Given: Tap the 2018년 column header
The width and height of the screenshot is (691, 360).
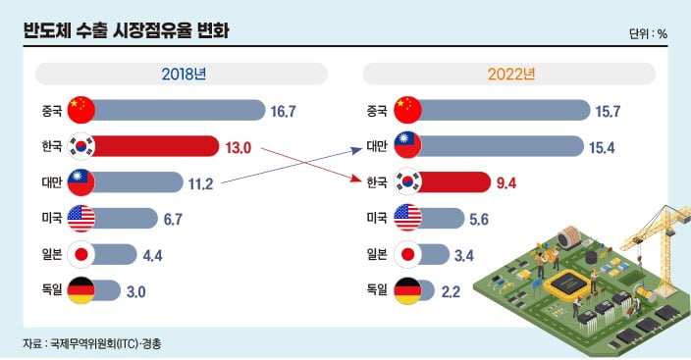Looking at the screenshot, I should click(x=182, y=75).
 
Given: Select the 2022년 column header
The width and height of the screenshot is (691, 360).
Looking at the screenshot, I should click(x=509, y=75).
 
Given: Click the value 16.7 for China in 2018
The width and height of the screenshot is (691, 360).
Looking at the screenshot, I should click(x=284, y=111).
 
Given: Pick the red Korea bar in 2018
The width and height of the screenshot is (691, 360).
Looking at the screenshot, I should click(x=157, y=147).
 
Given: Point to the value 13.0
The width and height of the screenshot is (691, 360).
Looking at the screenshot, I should click(x=239, y=147).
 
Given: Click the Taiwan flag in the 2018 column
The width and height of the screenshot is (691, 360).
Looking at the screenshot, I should click(x=81, y=182).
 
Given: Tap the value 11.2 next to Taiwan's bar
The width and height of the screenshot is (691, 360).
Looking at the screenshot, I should click(x=203, y=182).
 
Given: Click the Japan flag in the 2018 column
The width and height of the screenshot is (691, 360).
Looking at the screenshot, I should click(x=81, y=254).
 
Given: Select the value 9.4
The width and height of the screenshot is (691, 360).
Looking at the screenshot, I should click(x=507, y=182).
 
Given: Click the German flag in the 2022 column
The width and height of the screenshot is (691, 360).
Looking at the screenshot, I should click(x=407, y=290).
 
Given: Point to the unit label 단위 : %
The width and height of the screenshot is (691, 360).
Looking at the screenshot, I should click(x=648, y=33).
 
